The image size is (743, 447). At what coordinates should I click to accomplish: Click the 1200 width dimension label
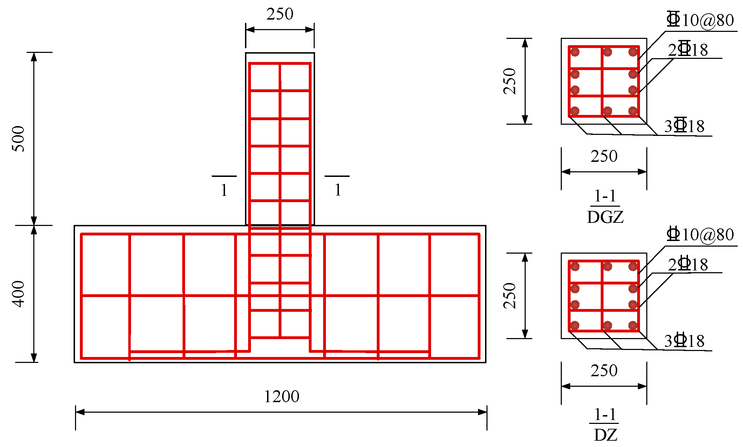(281, 397)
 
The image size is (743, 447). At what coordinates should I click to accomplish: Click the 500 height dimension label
(19, 139)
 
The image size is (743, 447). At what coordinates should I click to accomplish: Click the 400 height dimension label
(19, 294)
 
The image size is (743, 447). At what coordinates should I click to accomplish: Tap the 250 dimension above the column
(280, 14)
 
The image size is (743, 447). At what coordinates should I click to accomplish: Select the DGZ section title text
(605, 217)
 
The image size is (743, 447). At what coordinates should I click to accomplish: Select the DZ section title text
(605, 435)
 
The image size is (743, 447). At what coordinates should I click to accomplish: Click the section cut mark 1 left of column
(224, 190)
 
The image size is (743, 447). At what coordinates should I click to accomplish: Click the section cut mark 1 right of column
(338, 190)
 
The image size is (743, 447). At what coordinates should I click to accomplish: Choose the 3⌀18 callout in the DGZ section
(684, 126)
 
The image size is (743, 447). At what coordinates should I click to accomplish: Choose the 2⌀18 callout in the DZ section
(688, 264)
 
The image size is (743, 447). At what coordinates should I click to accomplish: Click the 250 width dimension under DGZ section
(604, 156)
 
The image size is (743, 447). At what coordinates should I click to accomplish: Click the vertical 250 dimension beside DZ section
(510, 296)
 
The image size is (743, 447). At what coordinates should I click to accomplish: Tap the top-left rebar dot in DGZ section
(575, 52)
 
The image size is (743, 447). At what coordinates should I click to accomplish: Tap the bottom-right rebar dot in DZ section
(633, 326)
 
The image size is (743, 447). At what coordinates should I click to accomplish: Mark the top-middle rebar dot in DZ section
(608, 267)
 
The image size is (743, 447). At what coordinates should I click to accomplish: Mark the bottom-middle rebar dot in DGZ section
(608, 111)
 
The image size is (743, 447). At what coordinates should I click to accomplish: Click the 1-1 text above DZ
(605, 415)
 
